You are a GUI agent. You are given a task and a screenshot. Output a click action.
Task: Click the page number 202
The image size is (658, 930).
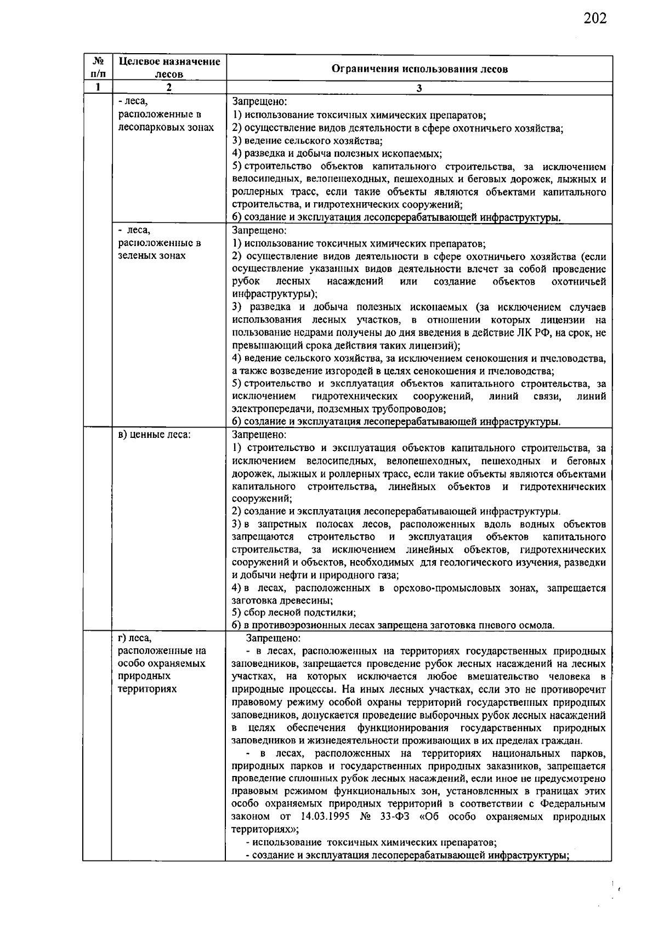[594, 19]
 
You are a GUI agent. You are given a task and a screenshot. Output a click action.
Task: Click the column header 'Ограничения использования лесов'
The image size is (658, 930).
[419, 69]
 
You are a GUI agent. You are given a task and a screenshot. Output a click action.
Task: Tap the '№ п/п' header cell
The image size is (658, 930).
[97, 68]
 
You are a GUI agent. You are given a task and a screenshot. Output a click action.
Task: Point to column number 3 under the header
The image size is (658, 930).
[419, 88]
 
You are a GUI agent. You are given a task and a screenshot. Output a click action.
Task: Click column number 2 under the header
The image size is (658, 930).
[169, 88]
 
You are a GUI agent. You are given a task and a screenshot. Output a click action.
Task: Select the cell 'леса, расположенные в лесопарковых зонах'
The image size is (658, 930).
[166, 115]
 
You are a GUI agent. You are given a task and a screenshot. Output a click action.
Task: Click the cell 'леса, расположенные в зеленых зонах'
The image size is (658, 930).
[159, 243]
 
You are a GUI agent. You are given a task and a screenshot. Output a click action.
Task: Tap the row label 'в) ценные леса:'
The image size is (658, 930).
[155, 435]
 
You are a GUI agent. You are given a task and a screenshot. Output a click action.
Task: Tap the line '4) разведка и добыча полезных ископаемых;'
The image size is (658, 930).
[337, 153]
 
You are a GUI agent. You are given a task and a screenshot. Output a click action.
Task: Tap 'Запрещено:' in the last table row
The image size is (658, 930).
[272, 638]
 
